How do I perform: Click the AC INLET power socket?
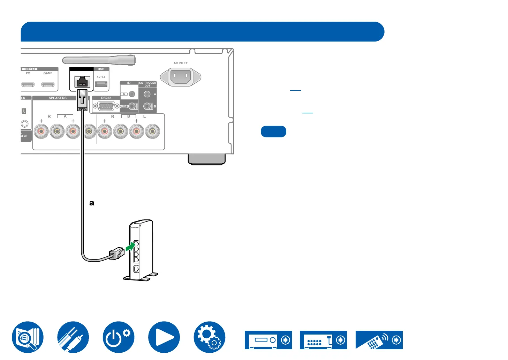pyautogui.click(x=180, y=76)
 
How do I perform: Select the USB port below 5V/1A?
pyautogui.click(x=101, y=84)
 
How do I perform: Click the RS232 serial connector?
pyautogui.click(x=105, y=106)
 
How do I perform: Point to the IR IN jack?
pyautogui.click(x=132, y=94)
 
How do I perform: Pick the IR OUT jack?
pyautogui.click(x=132, y=106)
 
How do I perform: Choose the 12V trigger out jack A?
pyautogui.click(x=147, y=94)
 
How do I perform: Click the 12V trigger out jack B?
pyautogui.click(x=147, y=106)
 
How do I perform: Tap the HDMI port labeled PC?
pyautogui.click(x=28, y=85)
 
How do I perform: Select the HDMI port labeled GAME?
pyautogui.click(x=48, y=85)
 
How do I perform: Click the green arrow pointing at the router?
pyautogui.click(x=130, y=247)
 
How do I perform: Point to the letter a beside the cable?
pyautogui.click(x=92, y=203)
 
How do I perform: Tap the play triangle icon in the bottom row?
pyautogui.click(x=164, y=337)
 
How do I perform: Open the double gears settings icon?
pyautogui.click(x=209, y=337)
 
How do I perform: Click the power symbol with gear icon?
pyautogui.click(x=119, y=337)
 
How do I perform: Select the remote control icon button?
pyautogui.click(x=379, y=340)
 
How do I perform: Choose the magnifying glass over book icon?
pyautogui.click(x=28, y=337)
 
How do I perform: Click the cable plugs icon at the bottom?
pyautogui.click(x=73, y=337)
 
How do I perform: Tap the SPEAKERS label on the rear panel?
pyautogui.click(x=58, y=98)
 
